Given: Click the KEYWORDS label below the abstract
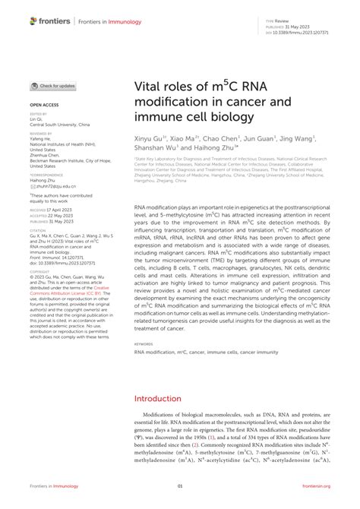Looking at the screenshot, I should pyautogui.click(x=144, y=343).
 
